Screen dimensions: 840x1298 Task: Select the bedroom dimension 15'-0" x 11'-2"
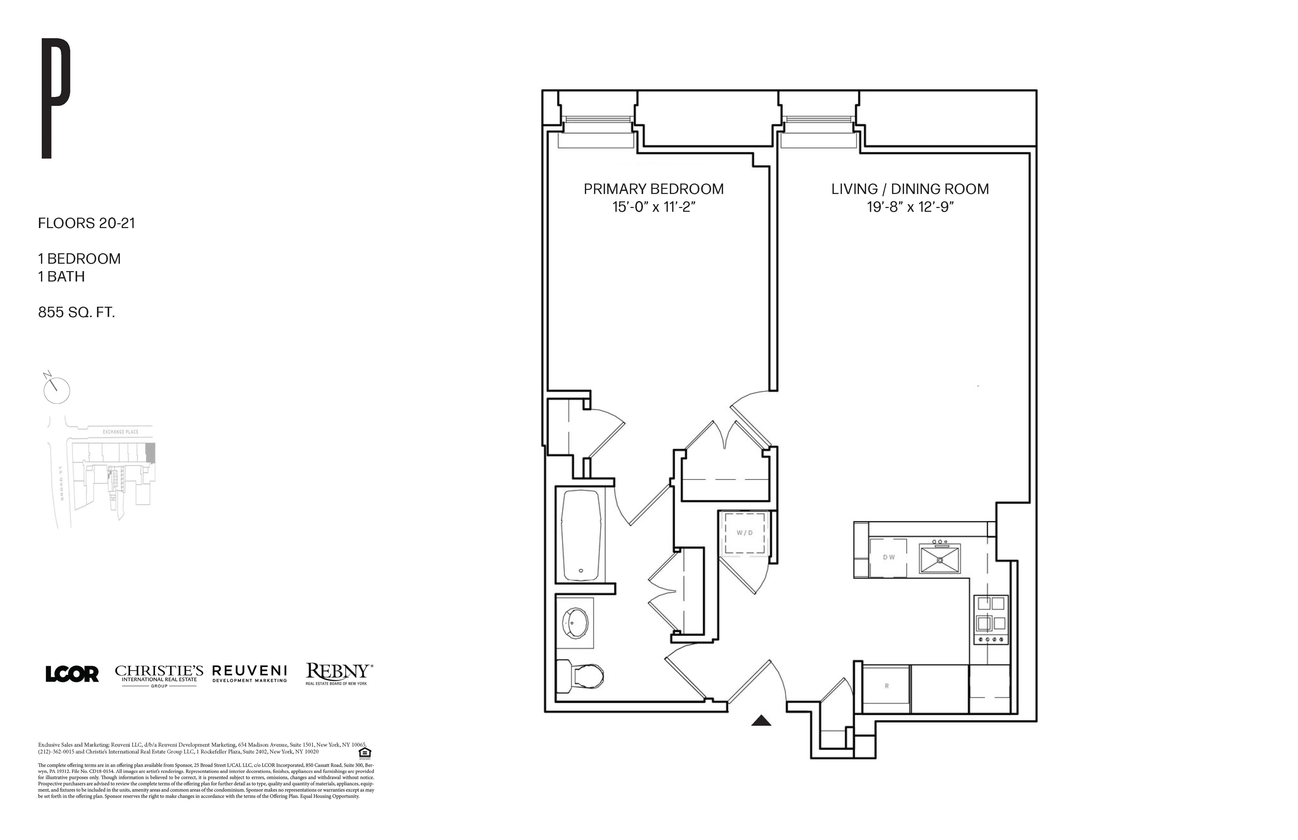coord(653,207)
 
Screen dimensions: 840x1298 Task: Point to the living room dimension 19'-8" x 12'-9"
coord(910,207)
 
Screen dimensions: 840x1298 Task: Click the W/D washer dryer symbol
coord(744,533)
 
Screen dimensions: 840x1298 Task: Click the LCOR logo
coord(72,674)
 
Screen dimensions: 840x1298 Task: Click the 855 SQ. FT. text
coord(76,313)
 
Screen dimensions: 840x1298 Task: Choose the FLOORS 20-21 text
coord(86,223)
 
